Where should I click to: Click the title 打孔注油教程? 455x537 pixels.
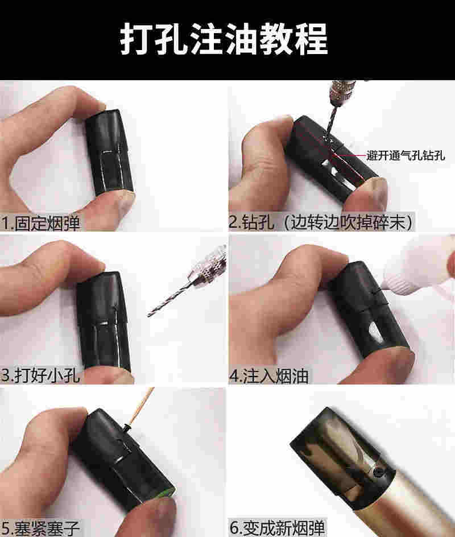(x=224, y=39)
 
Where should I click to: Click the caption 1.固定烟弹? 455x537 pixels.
(x=40, y=223)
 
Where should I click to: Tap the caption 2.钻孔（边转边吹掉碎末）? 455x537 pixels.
(x=321, y=222)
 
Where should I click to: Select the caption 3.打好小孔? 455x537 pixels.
(x=40, y=375)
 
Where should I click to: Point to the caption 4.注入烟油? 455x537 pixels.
(x=269, y=375)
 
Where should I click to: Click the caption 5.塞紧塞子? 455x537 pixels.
(x=40, y=528)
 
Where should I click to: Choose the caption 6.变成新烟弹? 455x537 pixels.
(x=277, y=527)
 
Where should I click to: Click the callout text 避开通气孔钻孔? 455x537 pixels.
(x=406, y=155)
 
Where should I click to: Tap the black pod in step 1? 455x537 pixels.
(x=109, y=152)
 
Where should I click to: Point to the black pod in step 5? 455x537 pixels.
(x=123, y=459)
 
